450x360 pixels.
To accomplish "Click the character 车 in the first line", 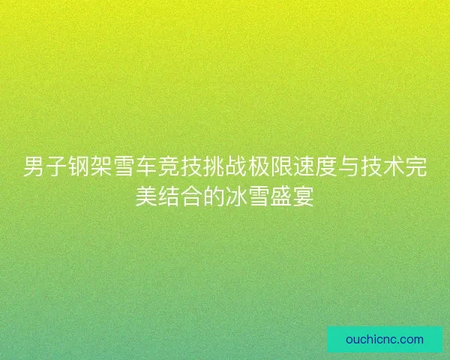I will [147, 167].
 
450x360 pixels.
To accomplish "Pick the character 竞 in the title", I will [169, 167].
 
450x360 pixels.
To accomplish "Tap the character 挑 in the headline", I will [214, 167].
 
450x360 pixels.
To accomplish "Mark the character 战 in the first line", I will [236, 167].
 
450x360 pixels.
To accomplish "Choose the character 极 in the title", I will [259, 167].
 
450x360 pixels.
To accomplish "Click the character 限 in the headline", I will [281, 167].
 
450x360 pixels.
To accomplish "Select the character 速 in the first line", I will [303, 167].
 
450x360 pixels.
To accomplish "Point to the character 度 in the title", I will [325, 167].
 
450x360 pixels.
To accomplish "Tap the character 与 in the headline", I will [348, 167].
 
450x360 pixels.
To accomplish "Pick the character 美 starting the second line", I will [147, 197].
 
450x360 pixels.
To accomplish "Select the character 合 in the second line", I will [192, 197].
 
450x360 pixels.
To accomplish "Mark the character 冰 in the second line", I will [236, 197].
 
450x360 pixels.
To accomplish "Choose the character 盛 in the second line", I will [281, 197].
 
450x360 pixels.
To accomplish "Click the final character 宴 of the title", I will [303, 197].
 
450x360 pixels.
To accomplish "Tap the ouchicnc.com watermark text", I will [385, 339].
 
